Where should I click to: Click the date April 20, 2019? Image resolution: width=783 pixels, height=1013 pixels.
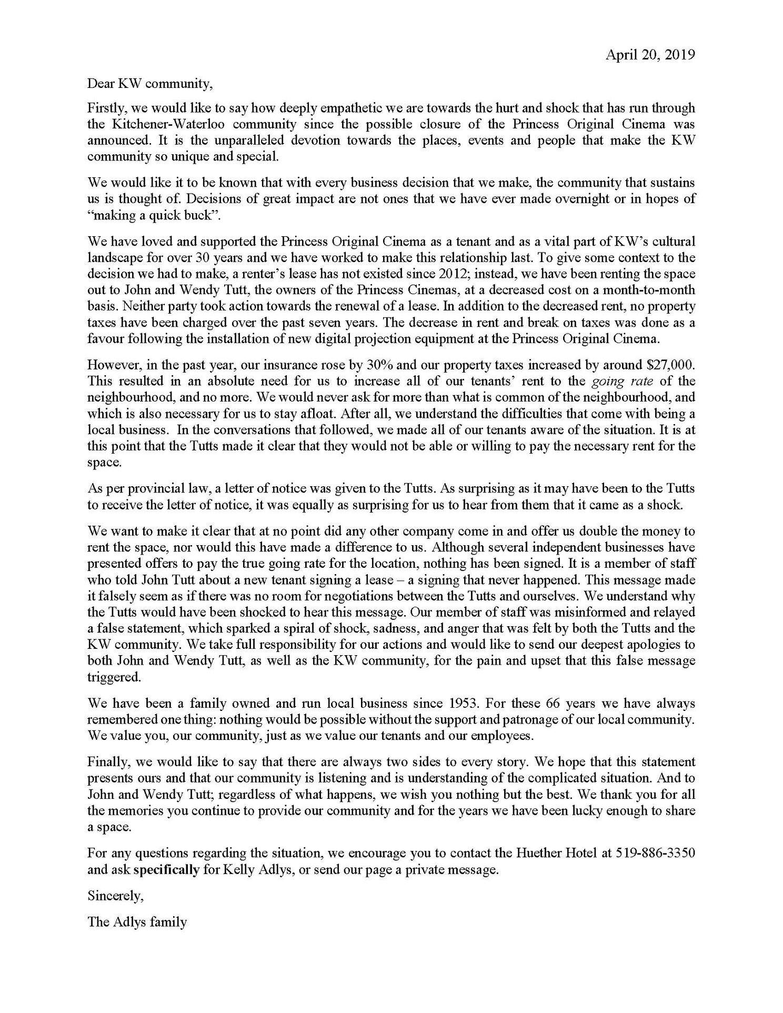pos(650,55)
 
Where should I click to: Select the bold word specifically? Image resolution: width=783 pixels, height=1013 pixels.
pos(167,869)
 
